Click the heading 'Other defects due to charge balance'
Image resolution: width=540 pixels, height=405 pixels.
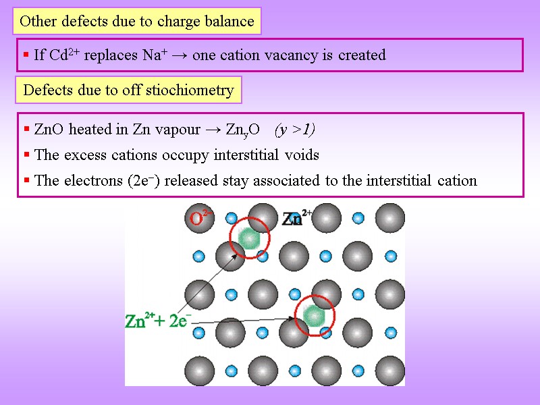click(136, 21)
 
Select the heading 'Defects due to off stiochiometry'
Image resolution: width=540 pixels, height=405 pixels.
click(128, 90)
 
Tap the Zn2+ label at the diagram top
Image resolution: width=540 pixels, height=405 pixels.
click(296, 218)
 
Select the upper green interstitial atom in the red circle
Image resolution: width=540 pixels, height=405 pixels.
click(249, 238)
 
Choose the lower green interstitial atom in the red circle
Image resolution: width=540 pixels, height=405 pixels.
click(313, 315)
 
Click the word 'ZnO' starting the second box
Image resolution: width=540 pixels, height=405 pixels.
click(49, 130)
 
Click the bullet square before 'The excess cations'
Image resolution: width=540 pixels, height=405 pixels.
click(26, 155)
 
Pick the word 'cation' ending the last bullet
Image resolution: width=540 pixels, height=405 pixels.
click(457, 181)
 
